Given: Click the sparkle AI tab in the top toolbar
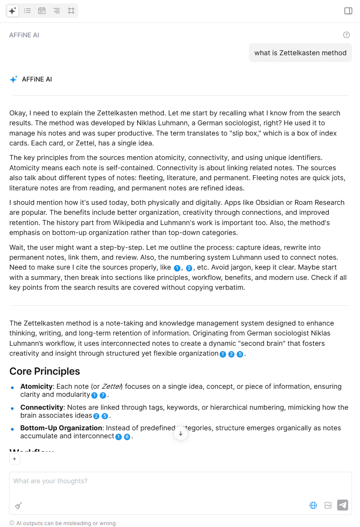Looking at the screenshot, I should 13,11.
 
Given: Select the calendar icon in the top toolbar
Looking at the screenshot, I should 42,11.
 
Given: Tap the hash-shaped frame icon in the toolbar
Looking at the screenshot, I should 71,11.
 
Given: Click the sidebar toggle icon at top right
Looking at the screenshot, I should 348,11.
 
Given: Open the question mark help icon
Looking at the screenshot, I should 346,35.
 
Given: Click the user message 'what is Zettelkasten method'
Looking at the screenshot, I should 300,53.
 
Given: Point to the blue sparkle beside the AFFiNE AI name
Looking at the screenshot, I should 14,79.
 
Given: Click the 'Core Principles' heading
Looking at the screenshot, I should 45,371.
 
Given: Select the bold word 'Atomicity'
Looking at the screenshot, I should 36,386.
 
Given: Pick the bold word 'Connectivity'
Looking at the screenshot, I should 41,407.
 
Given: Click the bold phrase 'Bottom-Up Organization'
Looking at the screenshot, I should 61,428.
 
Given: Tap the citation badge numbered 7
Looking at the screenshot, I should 103,395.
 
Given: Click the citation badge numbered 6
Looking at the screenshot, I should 127,437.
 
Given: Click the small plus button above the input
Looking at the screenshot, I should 14,459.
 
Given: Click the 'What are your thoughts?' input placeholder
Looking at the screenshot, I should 50,481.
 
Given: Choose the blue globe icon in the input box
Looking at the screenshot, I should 313,505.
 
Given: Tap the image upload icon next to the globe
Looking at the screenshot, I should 328,505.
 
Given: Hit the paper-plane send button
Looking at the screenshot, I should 342,505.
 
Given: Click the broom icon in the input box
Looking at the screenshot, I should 18,505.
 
